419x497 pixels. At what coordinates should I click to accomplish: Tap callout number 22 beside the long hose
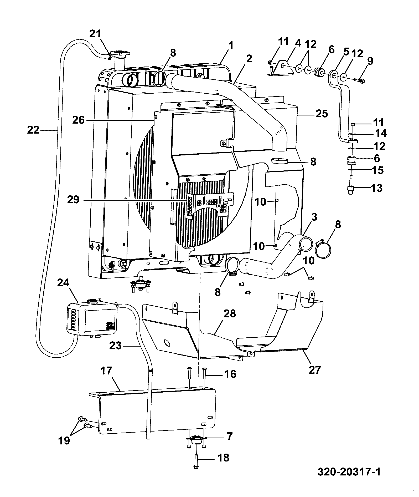pyautogui.click(x=33, y=130)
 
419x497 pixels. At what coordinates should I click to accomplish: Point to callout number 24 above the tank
pyautogui.click(x=63, y=283)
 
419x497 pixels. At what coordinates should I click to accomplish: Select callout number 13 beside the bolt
pyautogui.click(x=377, y=188)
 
